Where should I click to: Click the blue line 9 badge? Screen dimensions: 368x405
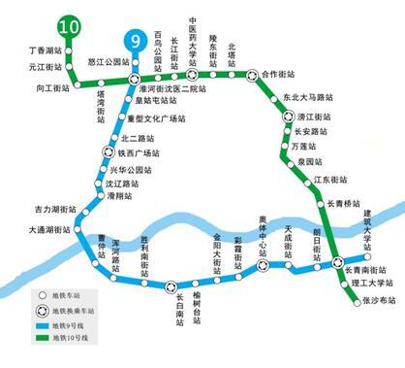[x=133, y=42]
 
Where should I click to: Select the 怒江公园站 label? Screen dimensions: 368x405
[x=107, y=61]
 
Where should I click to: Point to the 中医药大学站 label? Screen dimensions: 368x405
[x=192, y=37]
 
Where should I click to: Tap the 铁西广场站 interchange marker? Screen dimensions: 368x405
[x=109, y=151]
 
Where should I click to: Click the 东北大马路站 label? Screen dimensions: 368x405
[x=311, y=98]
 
